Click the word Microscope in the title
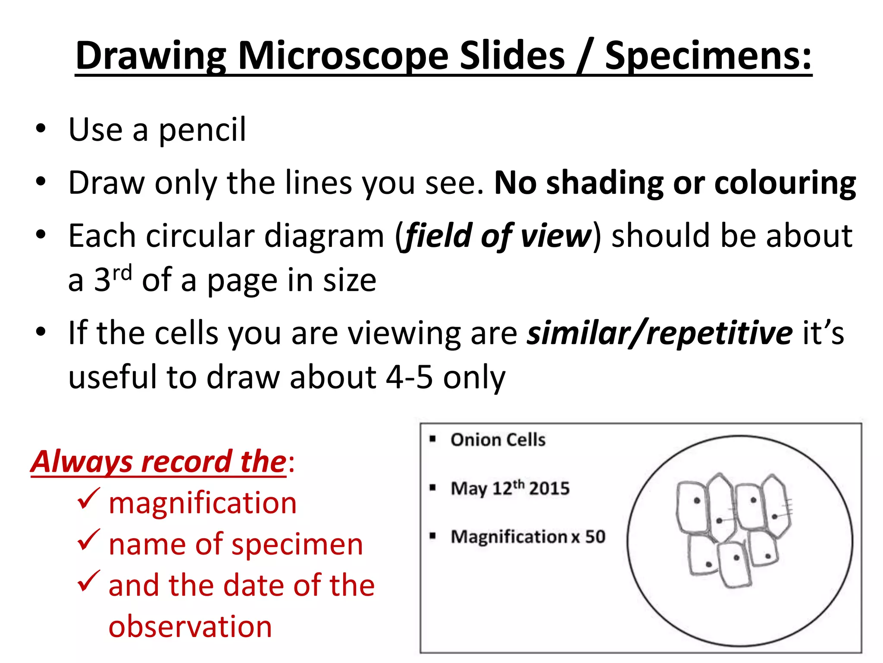343,56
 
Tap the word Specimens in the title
708,56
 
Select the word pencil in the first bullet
202,129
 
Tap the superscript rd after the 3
122,273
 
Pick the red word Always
81,461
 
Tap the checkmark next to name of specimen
89,540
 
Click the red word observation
190,626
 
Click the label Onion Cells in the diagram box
498,440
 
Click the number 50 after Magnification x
595,537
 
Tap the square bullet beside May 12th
433,488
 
